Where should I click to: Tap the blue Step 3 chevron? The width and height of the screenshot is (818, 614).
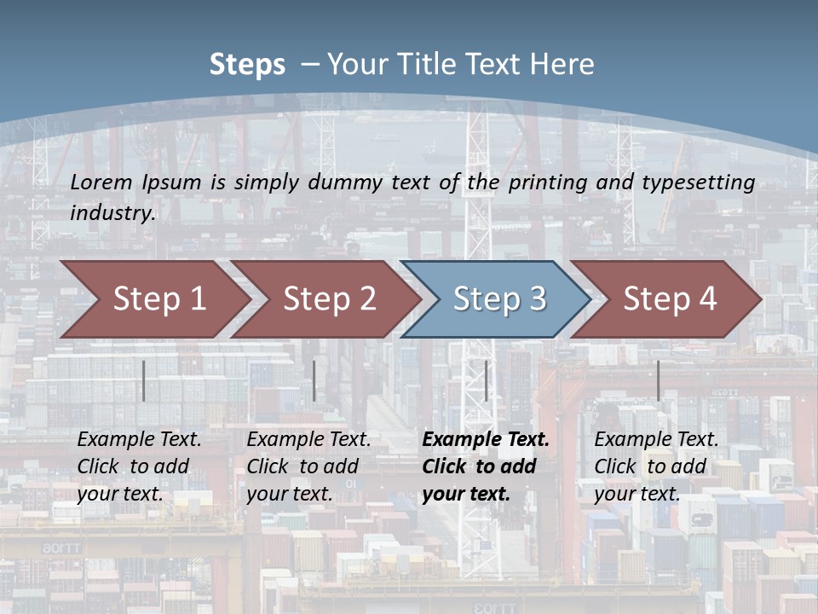(499, 299)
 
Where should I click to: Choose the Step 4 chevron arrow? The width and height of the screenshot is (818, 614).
(670, 299)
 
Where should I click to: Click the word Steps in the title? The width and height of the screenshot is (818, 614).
(247, 65)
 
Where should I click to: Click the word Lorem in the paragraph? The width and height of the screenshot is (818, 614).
(101, 182)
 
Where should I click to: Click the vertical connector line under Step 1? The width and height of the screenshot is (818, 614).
(144, 380)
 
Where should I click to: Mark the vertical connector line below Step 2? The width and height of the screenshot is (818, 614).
(314, 380)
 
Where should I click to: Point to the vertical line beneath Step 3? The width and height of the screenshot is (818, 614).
(486, 380)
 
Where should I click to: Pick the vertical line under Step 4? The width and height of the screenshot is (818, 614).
(658, 380)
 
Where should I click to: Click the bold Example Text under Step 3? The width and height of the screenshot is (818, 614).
(486, 440)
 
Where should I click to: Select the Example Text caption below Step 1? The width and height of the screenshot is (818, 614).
(139, 440)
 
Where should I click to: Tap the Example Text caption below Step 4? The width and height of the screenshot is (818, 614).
(656, 440)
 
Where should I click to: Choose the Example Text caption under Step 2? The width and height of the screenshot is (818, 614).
(308, 440)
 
